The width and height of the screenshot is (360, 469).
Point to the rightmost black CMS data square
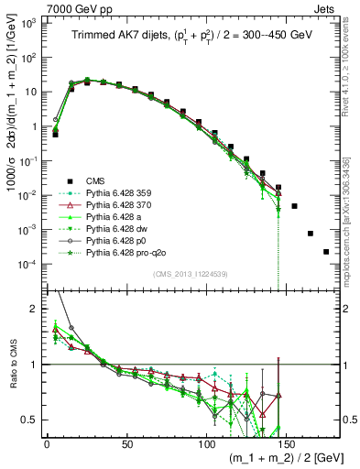click(x=326, y=252)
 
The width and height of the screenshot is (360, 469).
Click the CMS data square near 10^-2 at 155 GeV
click(x=294, y=206)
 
